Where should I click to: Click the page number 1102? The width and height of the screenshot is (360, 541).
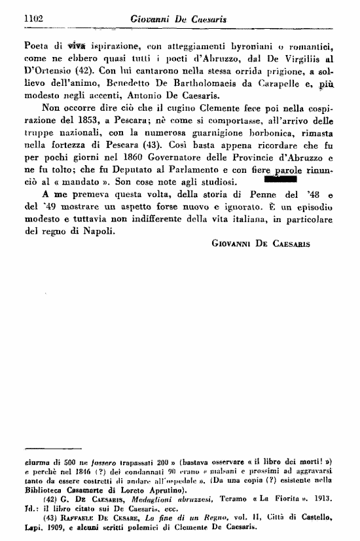click(x=32, y=20)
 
